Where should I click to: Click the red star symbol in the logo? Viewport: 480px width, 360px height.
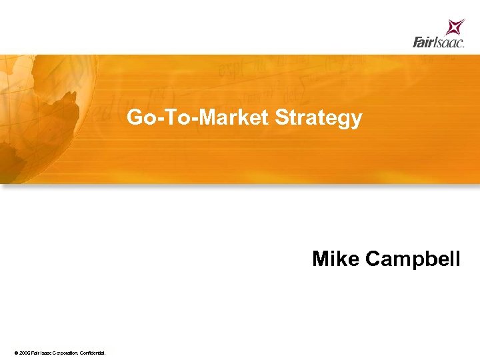[455, 27]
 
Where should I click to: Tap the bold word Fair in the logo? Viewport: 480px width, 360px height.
[423, 43]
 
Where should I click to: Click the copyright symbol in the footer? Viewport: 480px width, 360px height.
[15, 351]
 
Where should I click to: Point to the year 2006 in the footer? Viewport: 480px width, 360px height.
[24, 351]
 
